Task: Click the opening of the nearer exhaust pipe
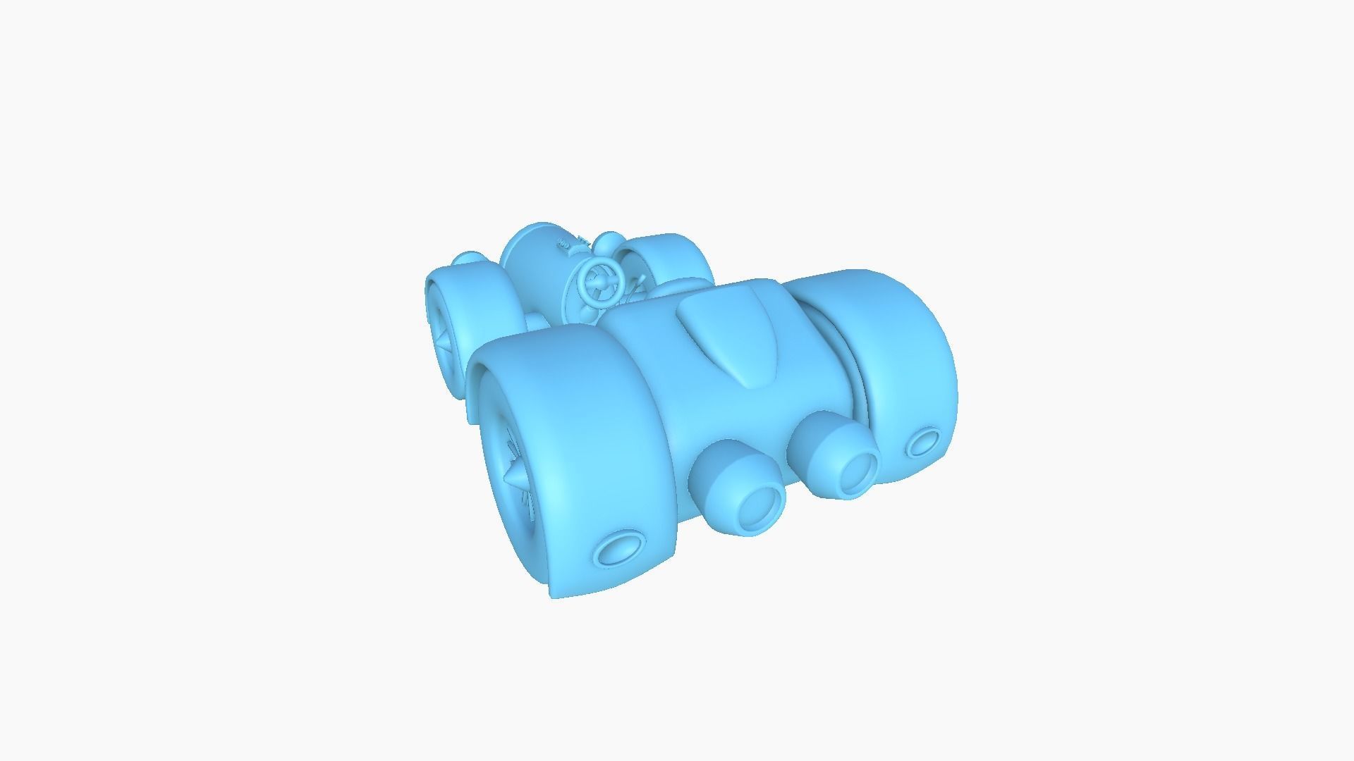point(761,507)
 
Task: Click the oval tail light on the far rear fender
point(924,442)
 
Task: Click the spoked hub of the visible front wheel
point(444,339)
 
